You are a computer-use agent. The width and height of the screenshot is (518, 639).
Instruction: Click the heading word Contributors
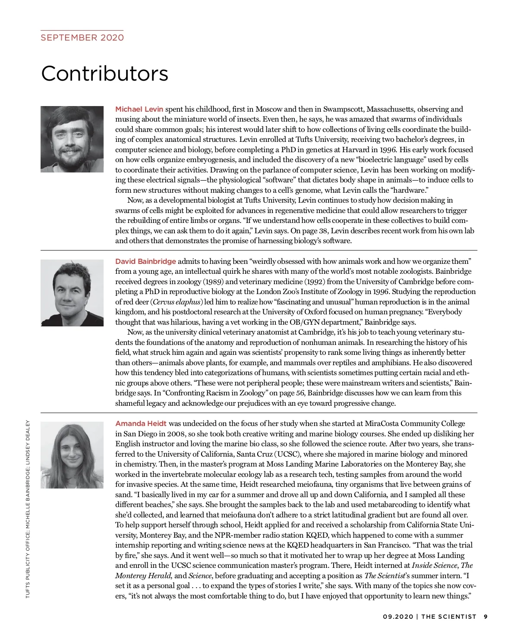[x=104, y=73]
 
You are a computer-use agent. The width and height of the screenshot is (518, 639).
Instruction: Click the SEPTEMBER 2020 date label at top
[x=82, y=38]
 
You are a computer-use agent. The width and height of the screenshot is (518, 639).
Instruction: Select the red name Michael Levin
[x=139, y=109]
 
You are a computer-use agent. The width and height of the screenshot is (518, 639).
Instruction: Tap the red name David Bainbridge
[x=145, y=261]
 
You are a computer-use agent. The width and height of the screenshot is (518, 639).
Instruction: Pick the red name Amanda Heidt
[x=141, y=423]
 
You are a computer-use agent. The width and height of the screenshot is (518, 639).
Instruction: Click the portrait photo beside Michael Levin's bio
[x=72, y=139]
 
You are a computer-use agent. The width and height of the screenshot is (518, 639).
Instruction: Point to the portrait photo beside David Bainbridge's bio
[x=72, y=293]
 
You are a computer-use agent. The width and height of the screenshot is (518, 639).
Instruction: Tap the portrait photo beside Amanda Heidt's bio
[x=72, y=455]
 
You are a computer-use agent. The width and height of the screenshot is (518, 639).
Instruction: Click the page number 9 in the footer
[x=486, y=617]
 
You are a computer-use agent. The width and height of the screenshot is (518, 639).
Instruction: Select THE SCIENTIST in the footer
[x=449, y=617]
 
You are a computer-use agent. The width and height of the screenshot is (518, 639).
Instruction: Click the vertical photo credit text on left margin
[x=28, y=509]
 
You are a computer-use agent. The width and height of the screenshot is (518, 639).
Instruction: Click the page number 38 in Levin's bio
[x=323, y=231]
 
